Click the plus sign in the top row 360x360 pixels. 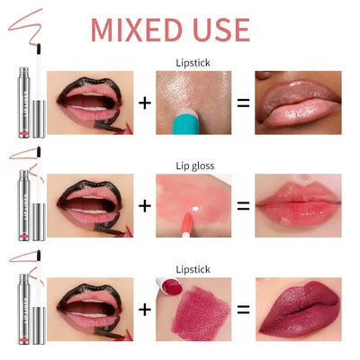pos(144,103)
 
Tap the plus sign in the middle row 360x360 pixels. pos(144,206)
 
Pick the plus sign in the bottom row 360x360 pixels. pos(144,310)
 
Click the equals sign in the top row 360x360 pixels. pos(241,103)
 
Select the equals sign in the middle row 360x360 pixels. pos(241,206)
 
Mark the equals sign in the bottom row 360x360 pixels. pos(241,310)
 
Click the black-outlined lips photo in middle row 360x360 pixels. pos(89,206)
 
